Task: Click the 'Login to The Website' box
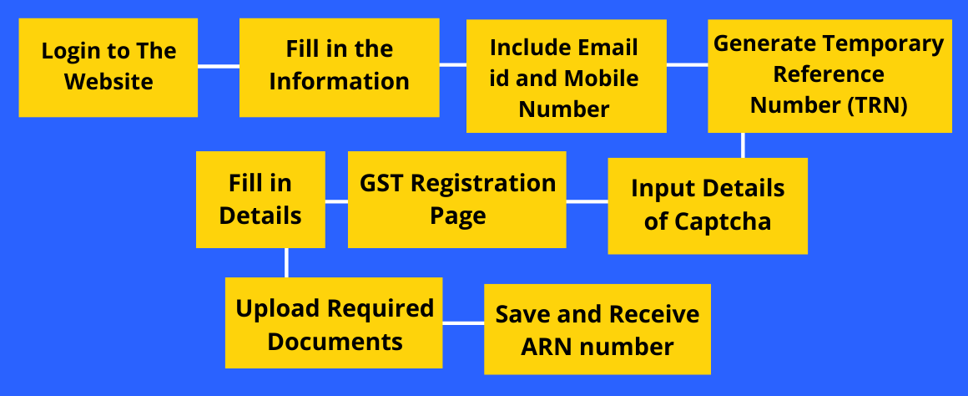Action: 108,68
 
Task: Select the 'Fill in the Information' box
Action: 339,68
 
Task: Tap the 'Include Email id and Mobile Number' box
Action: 566,76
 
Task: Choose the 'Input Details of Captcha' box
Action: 708,206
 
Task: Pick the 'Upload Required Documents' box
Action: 333,323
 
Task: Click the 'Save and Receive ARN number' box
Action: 597,329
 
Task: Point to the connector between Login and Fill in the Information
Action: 219,66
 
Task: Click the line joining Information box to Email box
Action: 452,64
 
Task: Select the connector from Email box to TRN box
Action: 687,64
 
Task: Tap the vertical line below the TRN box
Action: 743,145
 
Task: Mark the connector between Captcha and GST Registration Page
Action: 587,201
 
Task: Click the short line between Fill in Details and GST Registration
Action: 336,201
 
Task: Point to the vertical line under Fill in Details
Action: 286,262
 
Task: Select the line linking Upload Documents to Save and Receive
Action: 463,323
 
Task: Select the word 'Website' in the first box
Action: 108,82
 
